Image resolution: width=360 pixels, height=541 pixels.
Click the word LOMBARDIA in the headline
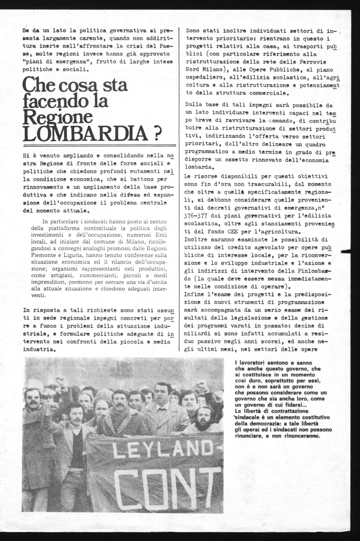coord(83,133)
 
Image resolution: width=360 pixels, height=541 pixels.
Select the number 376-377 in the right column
coord(198,216)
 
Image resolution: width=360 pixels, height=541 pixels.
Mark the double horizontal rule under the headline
coord(99,145)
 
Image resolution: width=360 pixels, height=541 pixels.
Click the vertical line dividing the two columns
coord(179,188)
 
